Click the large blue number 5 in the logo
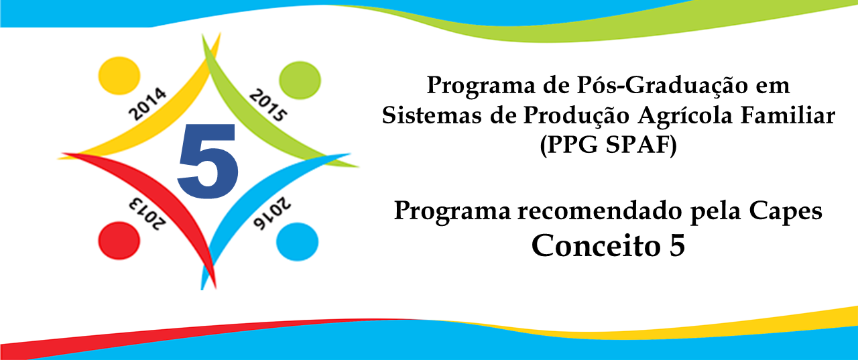[x=208, y=162]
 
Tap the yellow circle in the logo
[x=119, y=76]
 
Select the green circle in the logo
[x=300, y=80]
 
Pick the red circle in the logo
[x=119, y=241]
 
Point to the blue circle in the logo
[x=297, y=242]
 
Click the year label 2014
[x=147, y=104]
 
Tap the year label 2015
[x=267, y=105]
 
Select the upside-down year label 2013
[x=147, y=214]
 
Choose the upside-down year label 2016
[x=272, y=213]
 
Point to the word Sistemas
[x=432, y=115]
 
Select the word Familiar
[x=788, y=115]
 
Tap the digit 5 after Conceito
[x=677, y=245]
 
